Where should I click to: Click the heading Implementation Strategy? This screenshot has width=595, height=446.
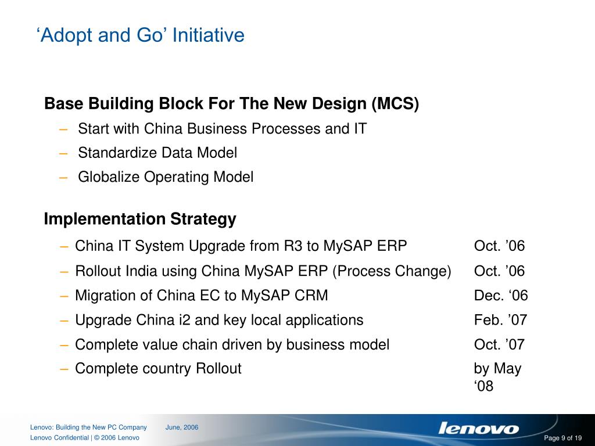pos(140,220)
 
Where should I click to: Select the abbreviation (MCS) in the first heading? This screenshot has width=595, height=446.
pos(395,104)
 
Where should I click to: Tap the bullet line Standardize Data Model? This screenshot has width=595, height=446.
pos(157,153)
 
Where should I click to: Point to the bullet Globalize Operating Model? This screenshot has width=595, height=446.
pos(165,177)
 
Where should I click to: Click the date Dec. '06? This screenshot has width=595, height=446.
pos(500,296)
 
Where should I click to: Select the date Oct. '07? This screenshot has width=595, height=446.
pos(499,344)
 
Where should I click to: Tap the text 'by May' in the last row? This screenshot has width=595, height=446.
pos(497,369)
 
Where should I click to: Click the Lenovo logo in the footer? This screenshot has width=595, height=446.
pos(478,429)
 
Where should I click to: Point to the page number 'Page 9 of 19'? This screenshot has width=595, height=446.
pos(562,438)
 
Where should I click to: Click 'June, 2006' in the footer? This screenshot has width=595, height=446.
pos(182,427)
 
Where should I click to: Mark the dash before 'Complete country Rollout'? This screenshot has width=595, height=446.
pos(65,369)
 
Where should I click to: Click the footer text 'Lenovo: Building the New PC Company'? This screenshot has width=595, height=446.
pos(88,427)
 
